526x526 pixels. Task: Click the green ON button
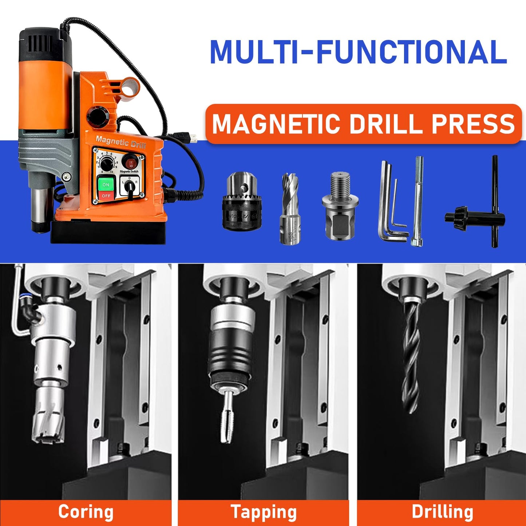pos(106,184)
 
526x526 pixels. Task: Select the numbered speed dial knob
pos(106,164)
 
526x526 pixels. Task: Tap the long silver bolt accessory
pos(418,202)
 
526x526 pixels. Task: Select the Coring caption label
pos(86,512)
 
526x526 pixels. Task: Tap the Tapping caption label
pos(264,512)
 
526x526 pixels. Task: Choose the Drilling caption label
pos(442,512)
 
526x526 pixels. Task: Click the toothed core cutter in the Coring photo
pos(49,422)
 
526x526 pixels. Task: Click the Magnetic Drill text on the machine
pos(121,142)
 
